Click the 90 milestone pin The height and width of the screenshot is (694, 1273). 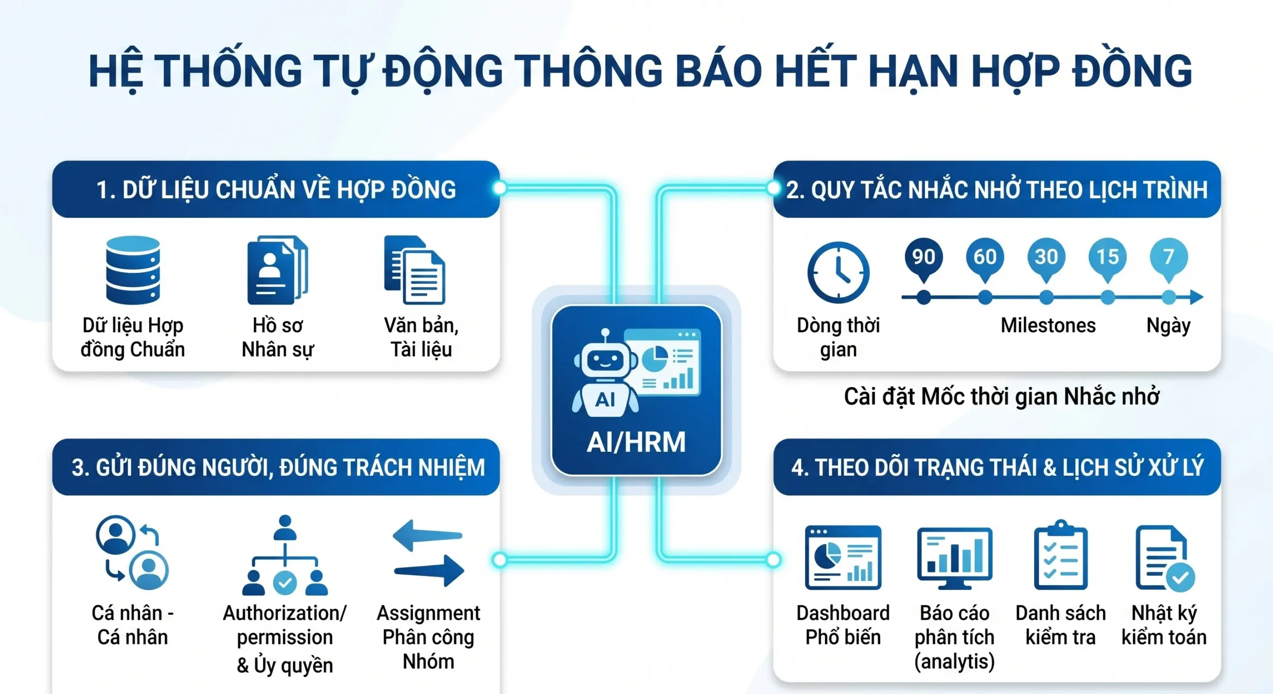pyautogui.click(x=923, y=258)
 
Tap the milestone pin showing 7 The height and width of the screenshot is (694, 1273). pyautogui.click(x=1169, y=258)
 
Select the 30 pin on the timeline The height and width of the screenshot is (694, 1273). pyautogui.click(x=1046, y=258)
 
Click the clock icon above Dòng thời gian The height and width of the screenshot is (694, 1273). pyautogui.click(x=838, y=272)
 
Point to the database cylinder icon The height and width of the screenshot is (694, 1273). pyautogui.click(x=133, y=270)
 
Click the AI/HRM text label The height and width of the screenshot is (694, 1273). pyautogui.click(x=636, y=442)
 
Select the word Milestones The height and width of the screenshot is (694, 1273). pyautogui.click(x=1048, y=326)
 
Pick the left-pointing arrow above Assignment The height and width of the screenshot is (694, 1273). pyautogui.click(x=427, y=535)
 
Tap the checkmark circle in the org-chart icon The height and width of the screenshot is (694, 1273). pyautogui.click(x=285, y=583)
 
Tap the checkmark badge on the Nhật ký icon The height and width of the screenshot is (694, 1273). pyautogui.click(x=1180, y=578)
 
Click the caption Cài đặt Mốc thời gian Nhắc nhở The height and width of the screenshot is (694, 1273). pyautogui.click(x=1001, y=397)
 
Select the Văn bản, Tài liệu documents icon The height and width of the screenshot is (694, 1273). pyautogui.click(x=414, y=270)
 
